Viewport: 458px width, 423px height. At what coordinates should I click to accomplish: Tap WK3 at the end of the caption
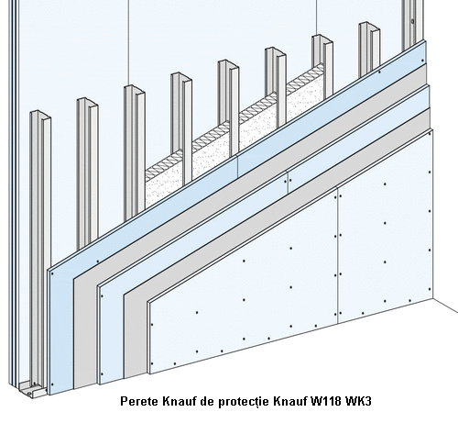pyautogui.click(x=358, y=401)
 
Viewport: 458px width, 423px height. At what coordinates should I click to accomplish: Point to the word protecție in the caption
pyautogui.click(x=244, y=402)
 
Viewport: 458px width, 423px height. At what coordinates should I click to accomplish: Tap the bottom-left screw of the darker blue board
pyautogui.click(x=52, y=384)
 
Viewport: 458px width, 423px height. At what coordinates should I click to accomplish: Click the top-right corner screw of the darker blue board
pyautogui.click(x=423, y=61)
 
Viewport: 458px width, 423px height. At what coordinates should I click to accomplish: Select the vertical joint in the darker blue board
pyautogui.click(x=237, y=166)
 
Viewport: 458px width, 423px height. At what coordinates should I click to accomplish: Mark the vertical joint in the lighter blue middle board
pyautogui.click(x=288, y=182)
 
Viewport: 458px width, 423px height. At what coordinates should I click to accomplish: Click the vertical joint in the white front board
pyautogui.click(x=337, y=255)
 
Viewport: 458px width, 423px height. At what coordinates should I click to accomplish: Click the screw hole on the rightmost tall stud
pyautogui.click(x=412, y=21)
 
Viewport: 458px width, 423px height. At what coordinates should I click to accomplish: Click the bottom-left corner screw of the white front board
pyautogui.click(x=152, y=363)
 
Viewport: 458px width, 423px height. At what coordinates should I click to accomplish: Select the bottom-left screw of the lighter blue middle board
pyautogui.click(x=102, y=373)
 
